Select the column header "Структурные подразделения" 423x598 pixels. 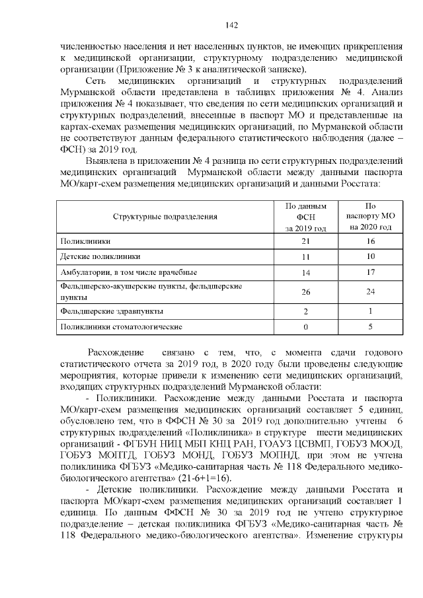coord(165,216)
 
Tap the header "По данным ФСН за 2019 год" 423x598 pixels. coord(305,216)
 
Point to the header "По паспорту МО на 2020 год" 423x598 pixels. coord(370,216)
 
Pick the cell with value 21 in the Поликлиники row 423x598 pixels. coord(305,241)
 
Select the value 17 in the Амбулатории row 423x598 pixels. coord(370,272)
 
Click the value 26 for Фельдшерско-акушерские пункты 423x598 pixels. coord(305,291)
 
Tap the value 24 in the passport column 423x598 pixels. coord(370,291)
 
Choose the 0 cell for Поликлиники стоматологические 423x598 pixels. coord(305,326)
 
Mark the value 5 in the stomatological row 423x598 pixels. coord(370,326)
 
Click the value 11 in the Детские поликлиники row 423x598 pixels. coord(305,256)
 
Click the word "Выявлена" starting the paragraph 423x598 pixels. coord(106,161)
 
